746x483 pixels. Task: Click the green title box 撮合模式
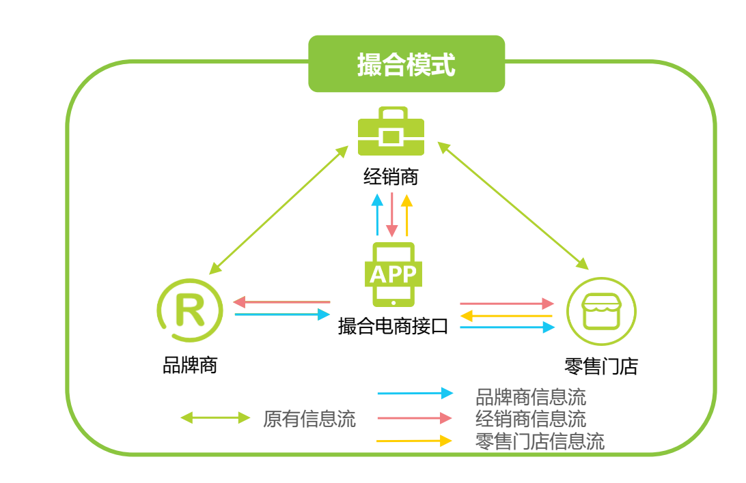pos(406,64)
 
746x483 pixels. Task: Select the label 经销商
pos(391,177)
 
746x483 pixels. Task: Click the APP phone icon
pos(393,274)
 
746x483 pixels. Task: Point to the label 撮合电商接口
pos(393,326)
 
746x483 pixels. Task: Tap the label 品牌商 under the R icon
pos(190,365)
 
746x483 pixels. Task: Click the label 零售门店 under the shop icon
pos(601,366)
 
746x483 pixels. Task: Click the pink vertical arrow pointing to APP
pos(391,214)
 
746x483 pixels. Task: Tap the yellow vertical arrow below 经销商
pos(406,214)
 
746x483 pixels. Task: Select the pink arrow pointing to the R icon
pos(281,302)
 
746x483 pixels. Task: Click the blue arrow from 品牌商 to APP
pos(281,314)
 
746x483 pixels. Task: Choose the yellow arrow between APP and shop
pos(506,315)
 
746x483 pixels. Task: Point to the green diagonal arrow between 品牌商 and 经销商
pos(279,209)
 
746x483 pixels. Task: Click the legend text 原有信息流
pos(309,418)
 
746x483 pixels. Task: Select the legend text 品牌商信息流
pos(530,396)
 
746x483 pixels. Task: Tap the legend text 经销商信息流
pos(530,418)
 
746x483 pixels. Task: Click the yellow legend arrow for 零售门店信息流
pos(414,441)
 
